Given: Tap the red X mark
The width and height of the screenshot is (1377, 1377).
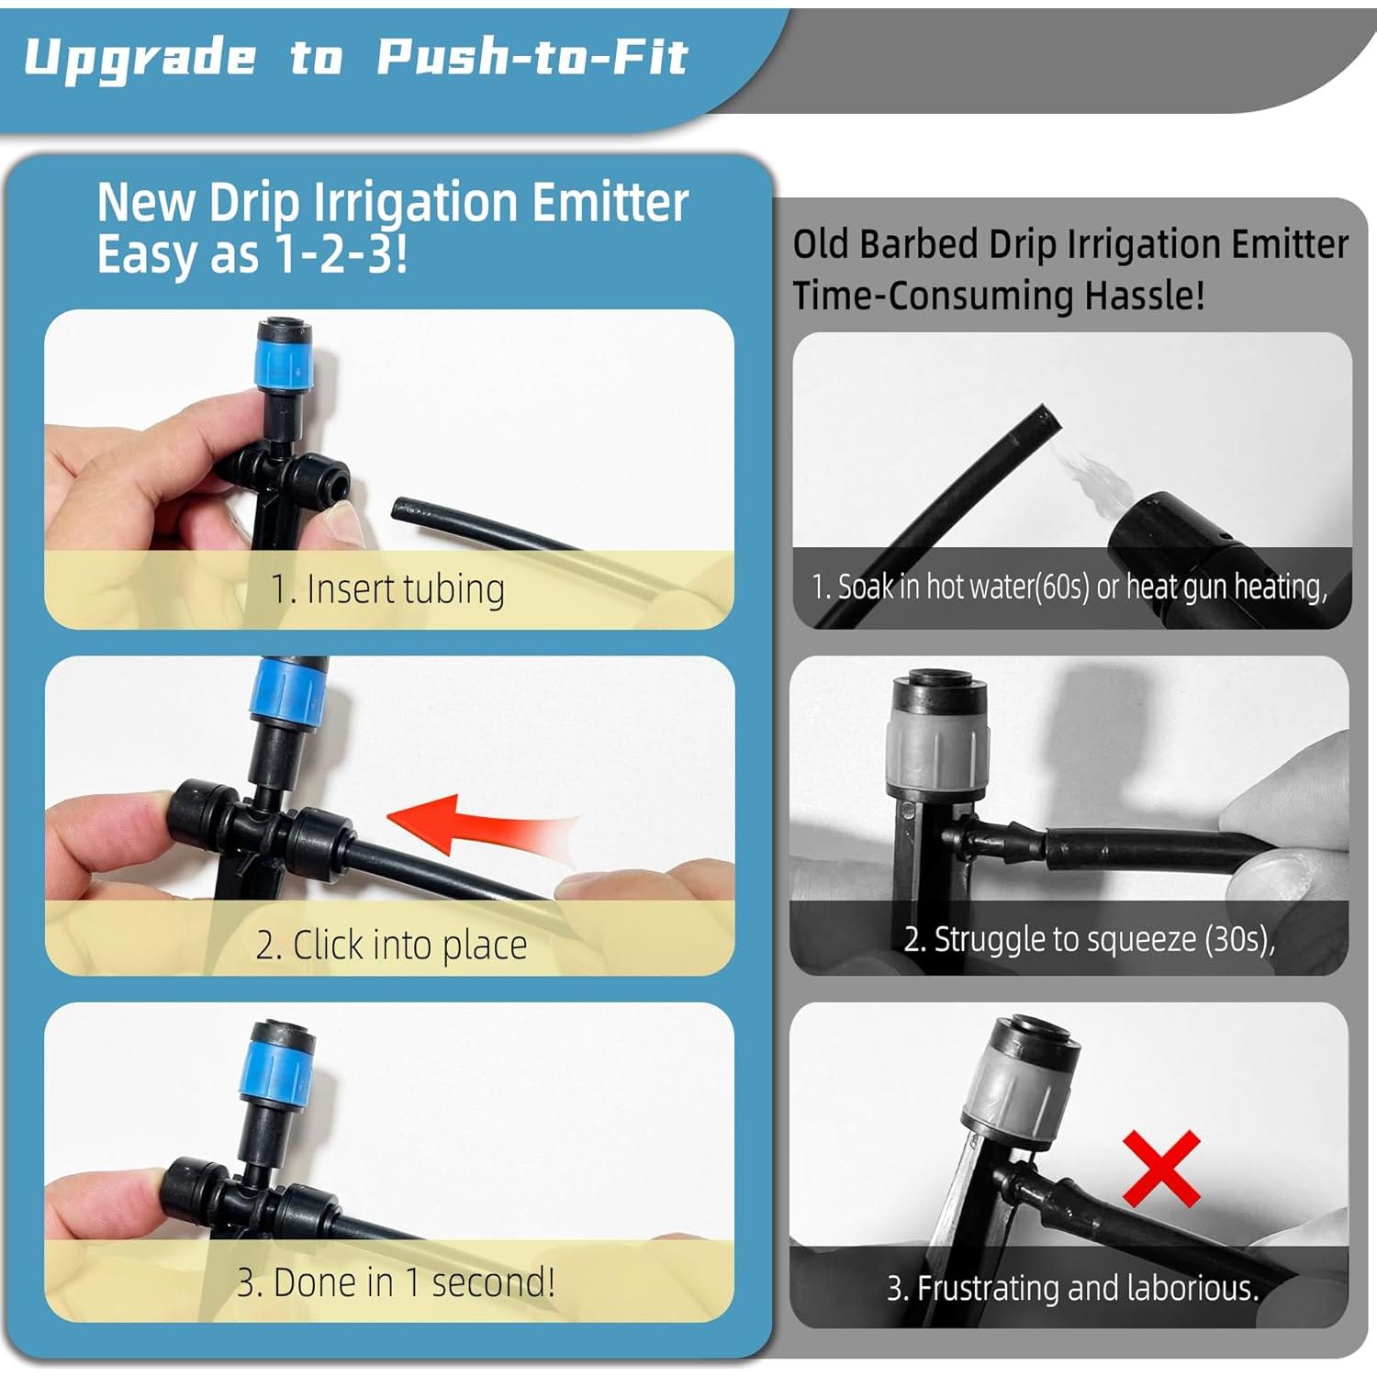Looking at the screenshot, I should point(1161,1168).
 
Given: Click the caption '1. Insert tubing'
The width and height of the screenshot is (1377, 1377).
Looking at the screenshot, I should point(387,589).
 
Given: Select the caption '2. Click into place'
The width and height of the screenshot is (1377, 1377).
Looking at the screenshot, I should point(391,945).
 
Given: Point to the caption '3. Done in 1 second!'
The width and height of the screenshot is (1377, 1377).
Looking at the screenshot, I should point(396,1282).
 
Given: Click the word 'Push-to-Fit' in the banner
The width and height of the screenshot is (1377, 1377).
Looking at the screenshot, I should point(532,57).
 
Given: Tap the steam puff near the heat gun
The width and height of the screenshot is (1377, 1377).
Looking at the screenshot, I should point(1088,476).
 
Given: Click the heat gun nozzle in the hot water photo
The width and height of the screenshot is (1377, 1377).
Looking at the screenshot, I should point(1166,532).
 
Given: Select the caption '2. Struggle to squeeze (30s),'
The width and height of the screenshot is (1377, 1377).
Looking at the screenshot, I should point(1089,939).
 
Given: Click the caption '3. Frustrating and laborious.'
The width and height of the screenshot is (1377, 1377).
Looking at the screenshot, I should point(1071,1288).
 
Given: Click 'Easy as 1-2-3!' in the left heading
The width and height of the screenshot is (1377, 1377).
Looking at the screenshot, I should point(252,254).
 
